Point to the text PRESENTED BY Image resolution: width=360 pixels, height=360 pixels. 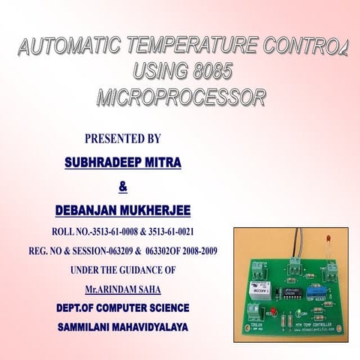123,139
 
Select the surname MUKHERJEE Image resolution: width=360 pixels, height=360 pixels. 156,207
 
